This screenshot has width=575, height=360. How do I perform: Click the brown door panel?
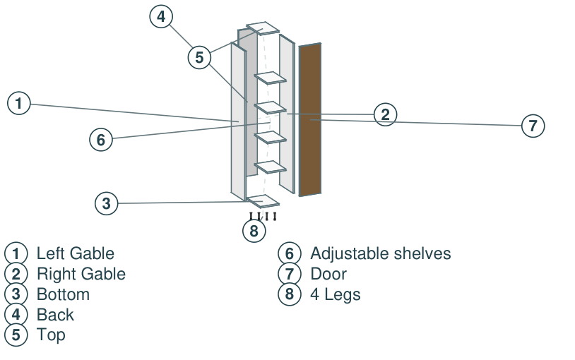[310, 119]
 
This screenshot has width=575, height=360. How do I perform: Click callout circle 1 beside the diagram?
[18, 103]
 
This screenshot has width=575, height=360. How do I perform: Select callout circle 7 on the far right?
[533, 126]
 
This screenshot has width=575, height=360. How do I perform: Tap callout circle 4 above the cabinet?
[161, 16]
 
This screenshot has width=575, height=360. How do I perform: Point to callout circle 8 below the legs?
[254, 231]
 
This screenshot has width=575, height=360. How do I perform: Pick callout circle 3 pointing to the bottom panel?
[107, 203]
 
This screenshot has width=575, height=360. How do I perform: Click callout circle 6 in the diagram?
[101, 140]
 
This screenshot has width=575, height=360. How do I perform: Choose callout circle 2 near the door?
[385, 114]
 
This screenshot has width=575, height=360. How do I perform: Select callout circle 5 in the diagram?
[199, 58]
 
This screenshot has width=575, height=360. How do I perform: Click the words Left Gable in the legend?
[76, 253]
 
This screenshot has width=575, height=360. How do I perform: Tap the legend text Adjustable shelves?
[381, 253]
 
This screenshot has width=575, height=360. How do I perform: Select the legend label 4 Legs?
[335, 294]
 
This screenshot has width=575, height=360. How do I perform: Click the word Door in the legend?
[328, 274]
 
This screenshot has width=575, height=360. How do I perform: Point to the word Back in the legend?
[55, 315]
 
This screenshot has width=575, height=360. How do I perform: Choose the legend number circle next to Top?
[16, 335]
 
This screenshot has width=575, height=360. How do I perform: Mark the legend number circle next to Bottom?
[16, 294]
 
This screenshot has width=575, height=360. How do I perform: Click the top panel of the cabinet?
[263, 28]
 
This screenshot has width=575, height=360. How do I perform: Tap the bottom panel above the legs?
[263, 201]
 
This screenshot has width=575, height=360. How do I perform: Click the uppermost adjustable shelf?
[271, 78]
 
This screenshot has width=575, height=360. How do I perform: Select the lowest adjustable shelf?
[271, 167]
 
